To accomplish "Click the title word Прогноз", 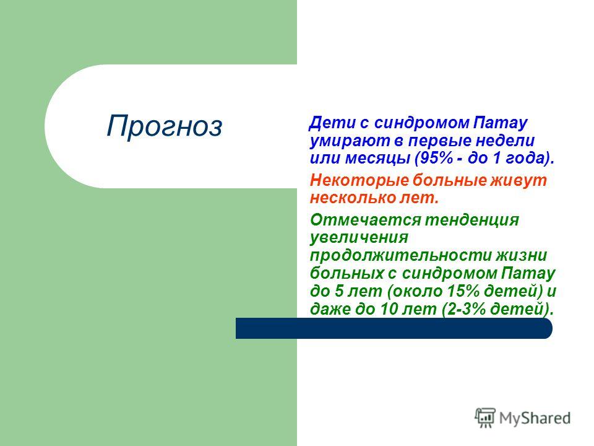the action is [x=164, y=126].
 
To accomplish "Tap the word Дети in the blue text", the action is [x=330, y=123].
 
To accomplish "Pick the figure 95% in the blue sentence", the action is [x=436, y=158].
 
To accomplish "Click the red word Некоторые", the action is [x=359, y=180].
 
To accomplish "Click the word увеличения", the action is [x=359, y=237].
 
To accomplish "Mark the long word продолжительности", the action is [x=400, y=255].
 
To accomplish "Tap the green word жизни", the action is [x=521, y=255].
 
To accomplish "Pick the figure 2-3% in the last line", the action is [x=467, y=308].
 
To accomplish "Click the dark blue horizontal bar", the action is [x=394, y=328].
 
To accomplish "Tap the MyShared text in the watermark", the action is [x=535, y=419].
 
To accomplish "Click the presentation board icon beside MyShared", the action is [x=485, y=418].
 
